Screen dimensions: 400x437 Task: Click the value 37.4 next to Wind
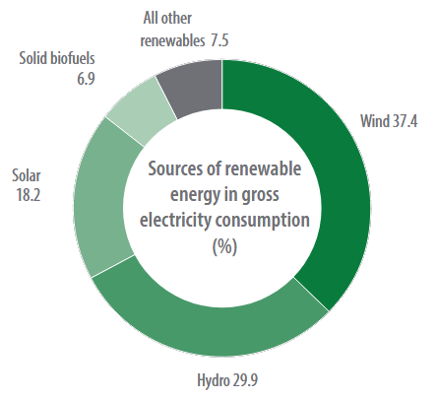coord(405,123)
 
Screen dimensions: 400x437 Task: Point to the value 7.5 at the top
coord(221,40)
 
